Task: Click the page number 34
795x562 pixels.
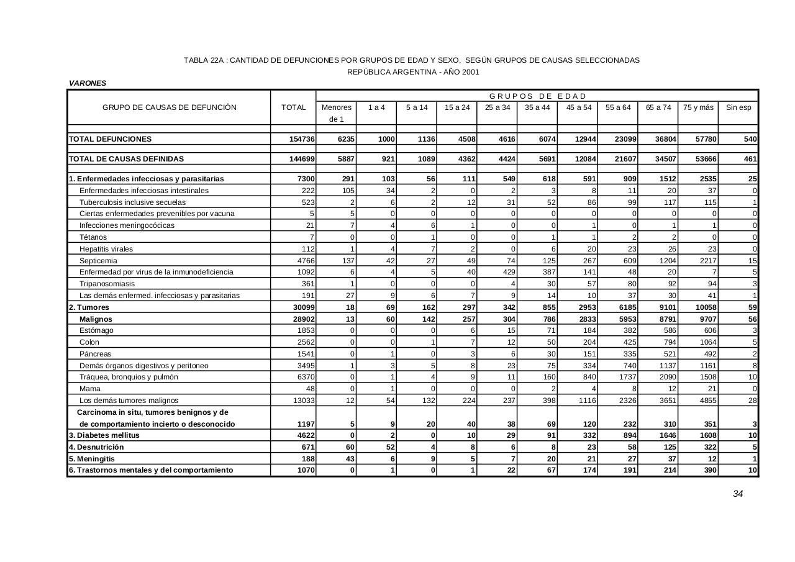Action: pos(738,494)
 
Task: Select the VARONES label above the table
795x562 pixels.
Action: pos(88,83)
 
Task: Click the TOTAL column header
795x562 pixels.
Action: pos(293,107)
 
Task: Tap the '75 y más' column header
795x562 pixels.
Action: pos(698,107)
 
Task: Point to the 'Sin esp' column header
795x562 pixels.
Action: pos(738,107)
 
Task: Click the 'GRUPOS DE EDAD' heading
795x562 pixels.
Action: pos(537,96)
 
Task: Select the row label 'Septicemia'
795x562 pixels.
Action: pos(98,261)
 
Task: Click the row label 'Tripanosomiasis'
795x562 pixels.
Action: pos(107,284)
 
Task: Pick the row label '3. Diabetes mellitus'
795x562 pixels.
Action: pos(104,435)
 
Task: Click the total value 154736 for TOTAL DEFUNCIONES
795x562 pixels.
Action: pos(302,139)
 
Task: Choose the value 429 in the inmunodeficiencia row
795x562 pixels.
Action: pos(509,272)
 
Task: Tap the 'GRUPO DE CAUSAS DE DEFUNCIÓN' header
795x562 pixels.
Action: pos(170,107)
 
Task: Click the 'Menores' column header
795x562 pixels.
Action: pos(337,107)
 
